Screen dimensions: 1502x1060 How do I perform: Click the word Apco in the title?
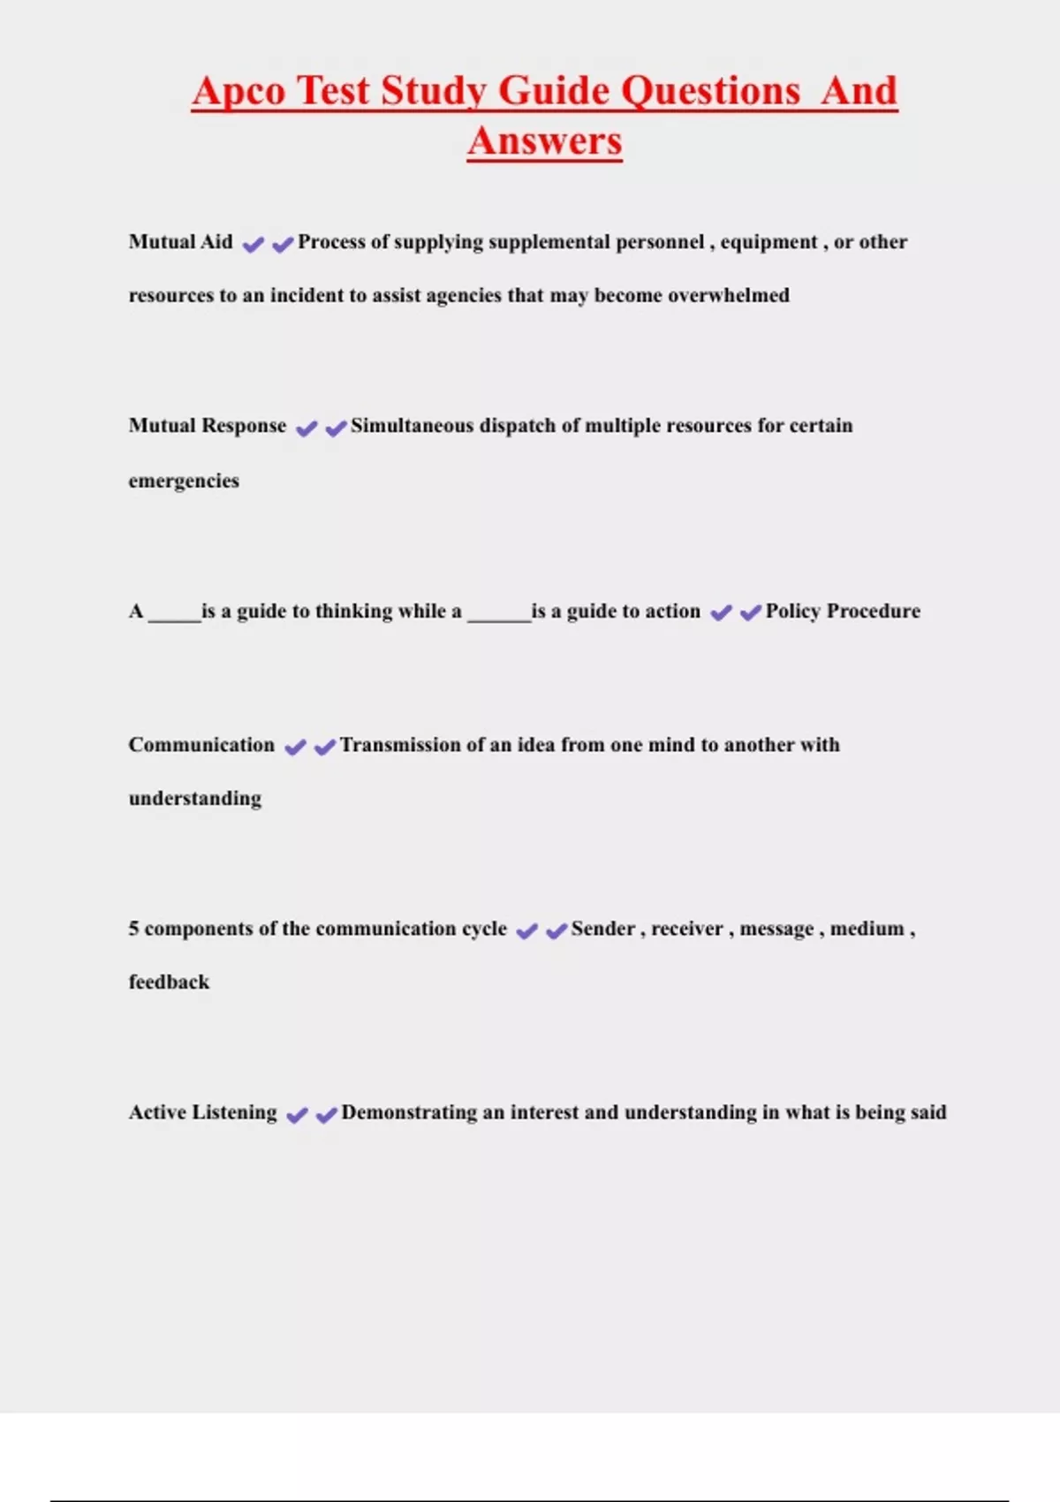click(x=238, y=91)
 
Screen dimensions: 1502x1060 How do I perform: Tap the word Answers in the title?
click(x=545, y=141)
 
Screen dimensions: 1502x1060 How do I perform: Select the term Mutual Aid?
click(x=180, y=242)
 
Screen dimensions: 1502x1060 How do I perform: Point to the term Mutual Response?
click(x=208, y=426)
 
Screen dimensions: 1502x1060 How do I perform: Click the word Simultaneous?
click(x=412, y=426)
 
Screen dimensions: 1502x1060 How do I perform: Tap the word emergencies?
click(x=184, y=482)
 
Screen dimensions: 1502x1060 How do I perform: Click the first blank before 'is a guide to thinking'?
click(x=174, y=612)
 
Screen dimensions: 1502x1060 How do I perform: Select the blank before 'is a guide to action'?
click(x=498, y=612)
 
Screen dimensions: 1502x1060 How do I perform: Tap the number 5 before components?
click(x=134, y=929)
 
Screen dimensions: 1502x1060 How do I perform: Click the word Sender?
click(x=602, y=929)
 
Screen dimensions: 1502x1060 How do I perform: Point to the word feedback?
click(x=169, y=982)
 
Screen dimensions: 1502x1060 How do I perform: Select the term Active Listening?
click(x=202, y=1112)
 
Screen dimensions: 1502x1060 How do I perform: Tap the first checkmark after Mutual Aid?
click(x=253, y=245)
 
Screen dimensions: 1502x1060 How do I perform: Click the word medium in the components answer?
click(x=867, y=929)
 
